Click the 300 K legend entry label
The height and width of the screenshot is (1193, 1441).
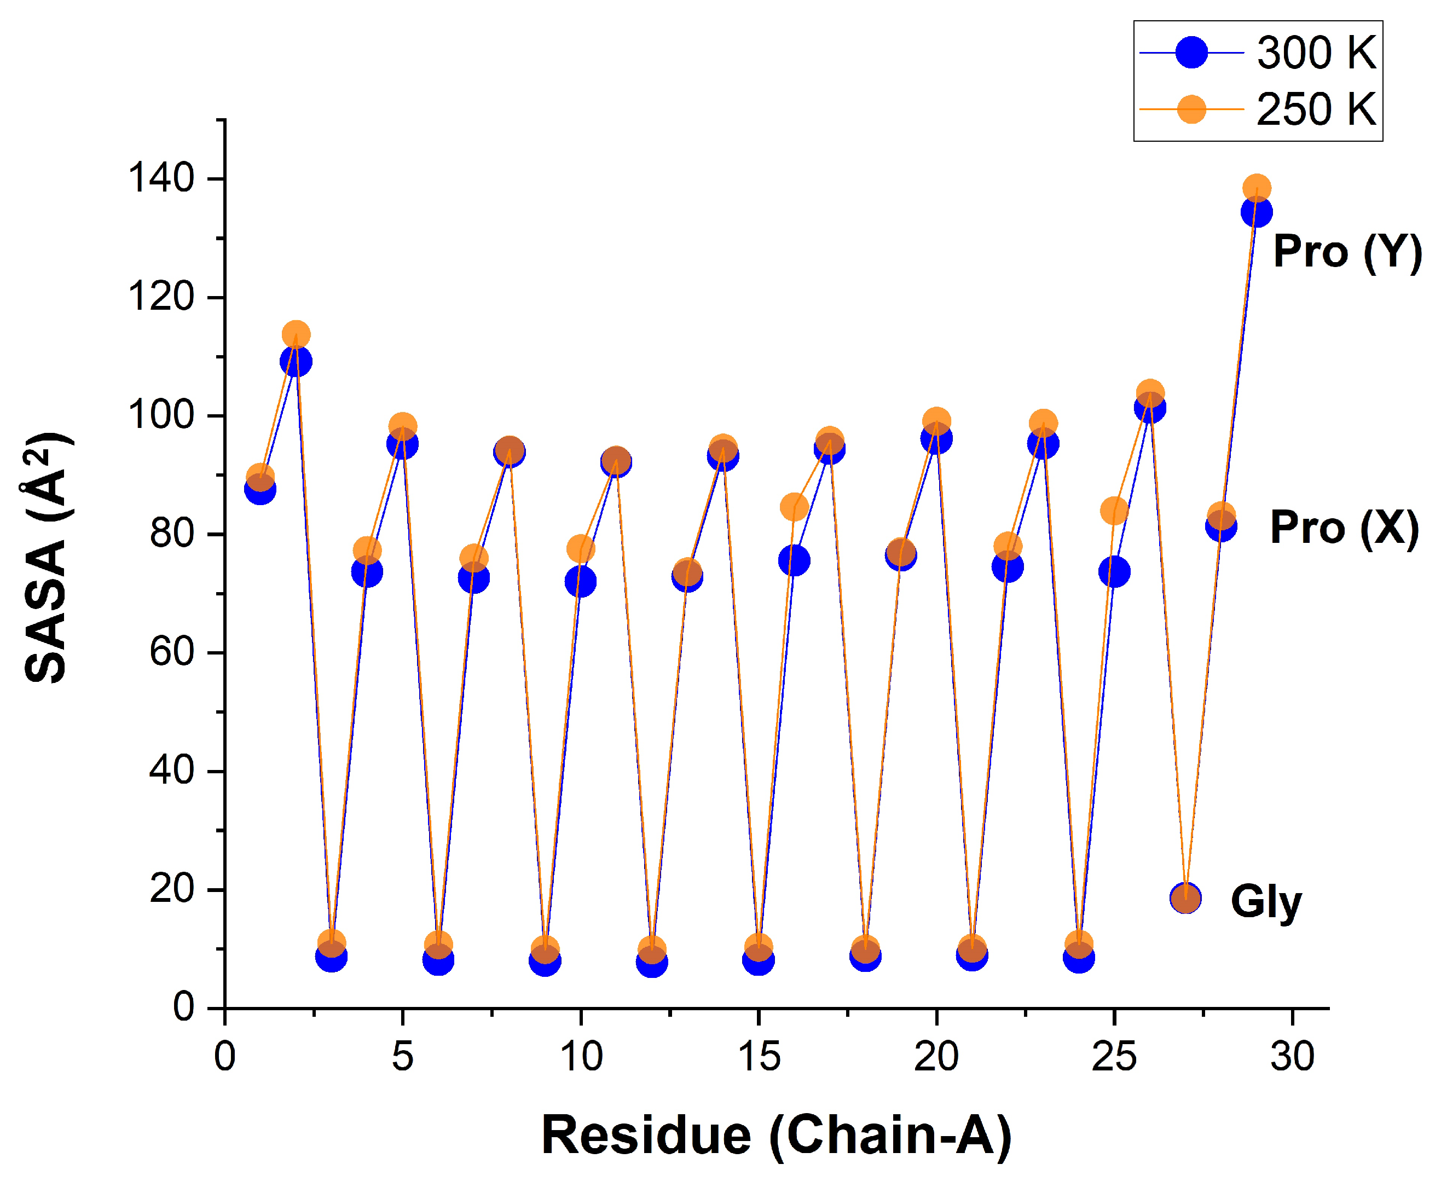[1316, 53]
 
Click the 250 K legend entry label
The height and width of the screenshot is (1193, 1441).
[1316, 110]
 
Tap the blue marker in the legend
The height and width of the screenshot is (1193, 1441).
[1191, 53]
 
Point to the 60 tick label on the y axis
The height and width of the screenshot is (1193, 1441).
[171, 652]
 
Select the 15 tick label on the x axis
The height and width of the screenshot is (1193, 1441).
[759, 1057]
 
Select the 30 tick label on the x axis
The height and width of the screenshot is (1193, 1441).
[1292, 1057]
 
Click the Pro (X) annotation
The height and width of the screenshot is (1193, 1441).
[1344, 528]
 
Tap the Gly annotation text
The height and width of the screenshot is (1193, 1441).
[1266, 901]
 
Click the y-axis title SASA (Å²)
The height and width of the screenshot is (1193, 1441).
[46, 557]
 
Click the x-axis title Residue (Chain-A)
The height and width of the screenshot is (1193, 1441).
[776, 1136]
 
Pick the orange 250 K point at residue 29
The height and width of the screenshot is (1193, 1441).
[1257, 187]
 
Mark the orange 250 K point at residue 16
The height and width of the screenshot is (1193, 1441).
[794, 507]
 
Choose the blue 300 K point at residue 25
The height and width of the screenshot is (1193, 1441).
[1114, 572]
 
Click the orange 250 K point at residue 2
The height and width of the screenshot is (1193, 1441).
[296, 334]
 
